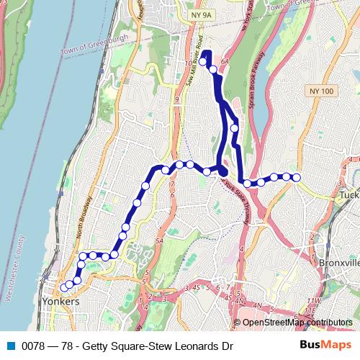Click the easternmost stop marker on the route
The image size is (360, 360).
point(296,177)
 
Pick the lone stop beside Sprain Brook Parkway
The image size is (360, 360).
point(235,128)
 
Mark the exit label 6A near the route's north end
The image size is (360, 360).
point(224,63)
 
